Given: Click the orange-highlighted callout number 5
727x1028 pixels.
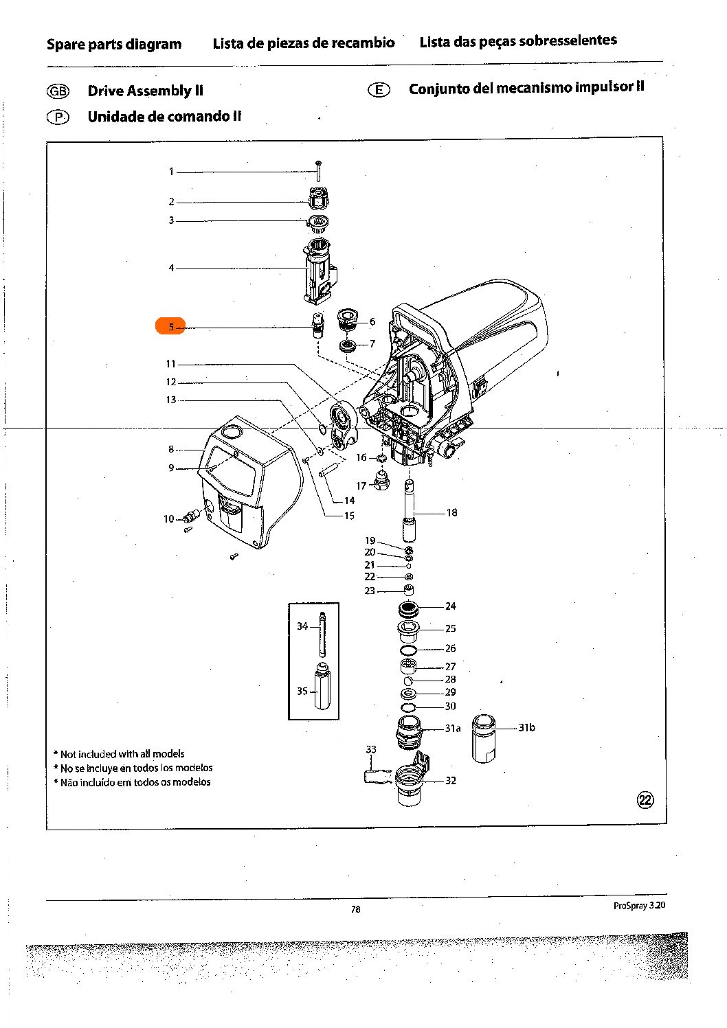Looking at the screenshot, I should click(170, 327).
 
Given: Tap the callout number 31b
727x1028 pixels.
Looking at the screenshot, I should click(526, 727).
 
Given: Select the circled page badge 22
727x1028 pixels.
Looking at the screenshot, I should click(646, 799).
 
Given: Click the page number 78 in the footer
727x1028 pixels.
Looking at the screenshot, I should click(355, 909).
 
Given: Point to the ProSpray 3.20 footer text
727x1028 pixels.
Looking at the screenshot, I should click(639, 905).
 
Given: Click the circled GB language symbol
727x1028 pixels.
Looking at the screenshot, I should click(58, 91).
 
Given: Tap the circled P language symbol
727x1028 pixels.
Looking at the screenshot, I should click(58, 117).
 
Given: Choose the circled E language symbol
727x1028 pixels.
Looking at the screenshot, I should click(379, 90).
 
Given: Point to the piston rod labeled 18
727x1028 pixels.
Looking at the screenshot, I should click(410, 512).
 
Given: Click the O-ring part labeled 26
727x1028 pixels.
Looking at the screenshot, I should click(408, 650).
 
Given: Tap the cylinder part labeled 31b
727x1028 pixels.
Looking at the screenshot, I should click(484, 739).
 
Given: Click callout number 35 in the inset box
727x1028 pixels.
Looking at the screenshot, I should click(302, 691).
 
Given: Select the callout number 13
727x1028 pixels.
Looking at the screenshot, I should click(170, 400).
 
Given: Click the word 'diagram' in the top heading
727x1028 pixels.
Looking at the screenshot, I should click(155, 45).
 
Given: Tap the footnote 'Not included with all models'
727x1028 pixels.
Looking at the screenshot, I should click(122, 754).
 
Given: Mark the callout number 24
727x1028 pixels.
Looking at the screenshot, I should click(450, 606).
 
